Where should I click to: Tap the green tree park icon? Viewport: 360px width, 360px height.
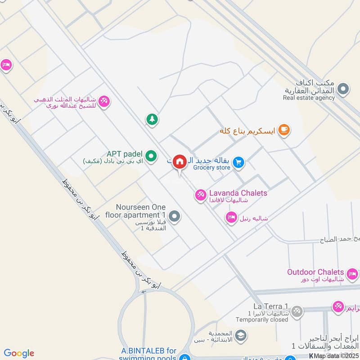click(x=152, y=119)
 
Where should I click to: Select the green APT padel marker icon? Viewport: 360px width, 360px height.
click(x=152, y=156)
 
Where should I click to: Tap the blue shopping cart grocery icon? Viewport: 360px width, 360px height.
click(x=239, y=162)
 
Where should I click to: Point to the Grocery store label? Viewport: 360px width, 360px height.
click(x=211, y=168)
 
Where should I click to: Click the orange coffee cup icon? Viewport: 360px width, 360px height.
click(x=283, y=130)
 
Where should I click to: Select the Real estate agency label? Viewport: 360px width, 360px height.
click(x=309, y=98)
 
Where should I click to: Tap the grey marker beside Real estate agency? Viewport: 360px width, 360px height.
click(x=343, y=89)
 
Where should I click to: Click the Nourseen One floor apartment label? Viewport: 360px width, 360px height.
click(x=141, y=211)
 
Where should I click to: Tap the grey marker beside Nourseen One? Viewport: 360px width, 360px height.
click(x=176, y=217)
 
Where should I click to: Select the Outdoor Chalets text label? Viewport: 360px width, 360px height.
click(x=315, y=272)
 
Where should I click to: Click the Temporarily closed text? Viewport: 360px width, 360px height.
click(x=261, y=320)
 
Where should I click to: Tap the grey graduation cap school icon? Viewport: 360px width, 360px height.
click(x=241, y=335)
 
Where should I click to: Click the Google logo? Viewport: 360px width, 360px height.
click(x=19, y=353)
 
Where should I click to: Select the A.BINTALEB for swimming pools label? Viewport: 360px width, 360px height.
click(x=148, y=354)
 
